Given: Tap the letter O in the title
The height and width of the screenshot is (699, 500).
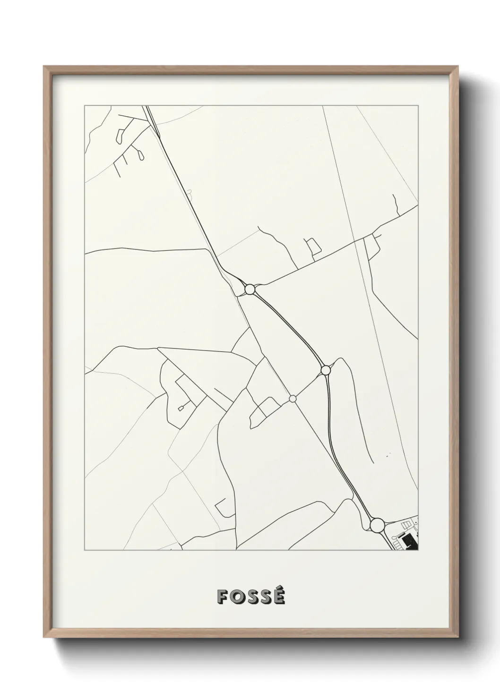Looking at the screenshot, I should [x=237, y=597].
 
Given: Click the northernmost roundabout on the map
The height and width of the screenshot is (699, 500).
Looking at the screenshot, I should [x=250, y=289].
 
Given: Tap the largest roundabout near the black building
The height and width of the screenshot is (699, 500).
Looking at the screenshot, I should [x=377, y=525].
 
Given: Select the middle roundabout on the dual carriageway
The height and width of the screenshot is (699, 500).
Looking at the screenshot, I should [x=325, y=370].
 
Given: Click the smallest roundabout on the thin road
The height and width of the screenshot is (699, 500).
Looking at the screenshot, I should [x=293, y=399].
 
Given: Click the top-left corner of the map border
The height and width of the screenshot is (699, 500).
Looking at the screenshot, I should [x=85, y=105].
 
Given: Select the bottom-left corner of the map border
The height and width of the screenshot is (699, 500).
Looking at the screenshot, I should [x=85, y=550].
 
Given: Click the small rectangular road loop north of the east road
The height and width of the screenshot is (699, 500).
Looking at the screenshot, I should [x=313, y=246].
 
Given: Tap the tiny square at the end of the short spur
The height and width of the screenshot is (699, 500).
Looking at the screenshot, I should [x=181, y=408].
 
